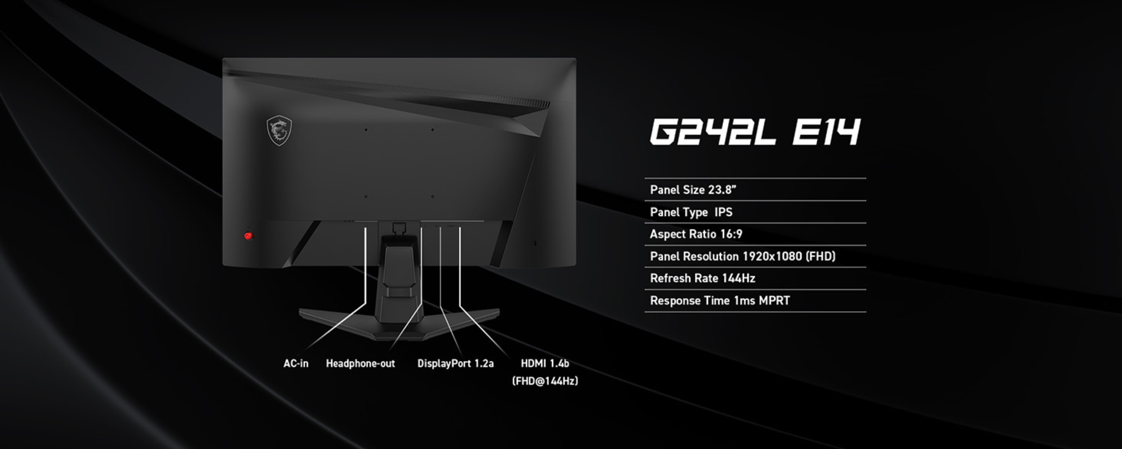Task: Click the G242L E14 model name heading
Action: point(755,132)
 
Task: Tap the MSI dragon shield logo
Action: point(279,131)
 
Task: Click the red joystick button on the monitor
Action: point(248,236)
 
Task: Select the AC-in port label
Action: point(296,363)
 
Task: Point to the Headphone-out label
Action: point(360,363)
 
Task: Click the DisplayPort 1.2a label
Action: point(455,363)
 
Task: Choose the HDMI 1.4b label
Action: point(544,363)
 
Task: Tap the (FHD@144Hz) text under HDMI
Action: point(545,381)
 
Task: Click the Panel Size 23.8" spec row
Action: point(693,190)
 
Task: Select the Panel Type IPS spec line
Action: point(691,212)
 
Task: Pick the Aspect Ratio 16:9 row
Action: point(696,234)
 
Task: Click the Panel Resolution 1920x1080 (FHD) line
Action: point(742,256)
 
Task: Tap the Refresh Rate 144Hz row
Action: point(702,278)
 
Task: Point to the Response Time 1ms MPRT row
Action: point(720,300)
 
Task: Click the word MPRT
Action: point(774,300)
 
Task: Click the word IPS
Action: point(723,212)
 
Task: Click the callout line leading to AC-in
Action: point(365,269)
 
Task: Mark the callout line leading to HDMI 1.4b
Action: point(460,269)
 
